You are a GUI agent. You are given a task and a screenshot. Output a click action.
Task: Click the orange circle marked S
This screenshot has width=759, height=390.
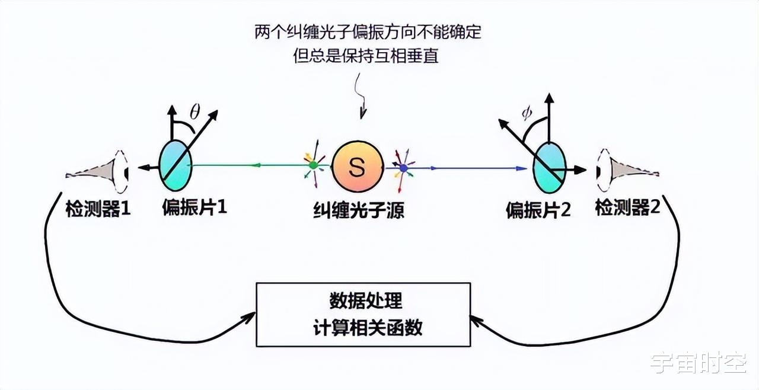click(358, 167)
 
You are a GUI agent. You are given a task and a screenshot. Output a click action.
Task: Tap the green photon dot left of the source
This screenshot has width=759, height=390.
click(314, 165)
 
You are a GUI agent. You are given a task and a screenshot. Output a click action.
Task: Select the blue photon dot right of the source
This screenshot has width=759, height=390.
click(403, 168)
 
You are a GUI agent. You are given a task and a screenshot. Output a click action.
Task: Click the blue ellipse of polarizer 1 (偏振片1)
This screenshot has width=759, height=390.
click(176, 165)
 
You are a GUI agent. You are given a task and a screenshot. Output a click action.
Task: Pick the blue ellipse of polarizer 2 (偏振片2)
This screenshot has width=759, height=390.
click(550, 168)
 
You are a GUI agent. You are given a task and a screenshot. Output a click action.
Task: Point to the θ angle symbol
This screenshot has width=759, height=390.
click(194, 112)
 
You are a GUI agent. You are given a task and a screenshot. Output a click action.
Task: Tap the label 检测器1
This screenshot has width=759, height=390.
click(98, 209)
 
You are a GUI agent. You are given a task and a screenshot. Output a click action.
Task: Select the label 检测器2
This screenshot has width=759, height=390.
click(627, 207)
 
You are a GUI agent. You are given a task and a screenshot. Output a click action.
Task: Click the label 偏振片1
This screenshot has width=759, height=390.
click(194, 206)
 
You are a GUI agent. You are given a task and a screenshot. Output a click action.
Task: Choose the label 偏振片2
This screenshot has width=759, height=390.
click(538, 210)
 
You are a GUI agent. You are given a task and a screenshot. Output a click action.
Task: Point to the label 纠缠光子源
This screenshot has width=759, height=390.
click(359, 210)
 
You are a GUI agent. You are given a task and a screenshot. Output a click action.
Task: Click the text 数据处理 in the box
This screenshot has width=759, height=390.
click(366, 301)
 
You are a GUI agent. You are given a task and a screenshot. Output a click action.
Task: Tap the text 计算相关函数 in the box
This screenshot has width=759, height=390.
click(368, 327)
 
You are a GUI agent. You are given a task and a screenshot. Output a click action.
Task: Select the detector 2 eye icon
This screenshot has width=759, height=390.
click(627, 170)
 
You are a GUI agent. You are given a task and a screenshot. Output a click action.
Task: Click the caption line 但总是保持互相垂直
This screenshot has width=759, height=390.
click(366, 56)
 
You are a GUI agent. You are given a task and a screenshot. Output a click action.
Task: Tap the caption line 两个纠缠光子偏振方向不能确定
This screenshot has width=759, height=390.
click(368, 32)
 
